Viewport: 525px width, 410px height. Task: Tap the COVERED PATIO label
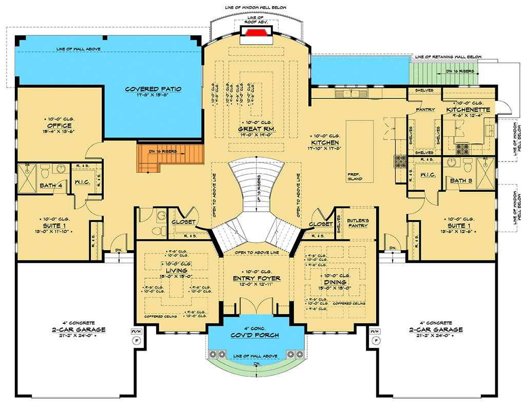click(x=153, y=89)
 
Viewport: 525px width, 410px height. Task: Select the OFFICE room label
click(x=58, y=126)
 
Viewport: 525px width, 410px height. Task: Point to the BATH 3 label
click(x=461, y=180)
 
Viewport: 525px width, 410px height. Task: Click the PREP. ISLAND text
click(x=354, y=177)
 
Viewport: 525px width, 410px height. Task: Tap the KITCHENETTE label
click(x=467, y=110)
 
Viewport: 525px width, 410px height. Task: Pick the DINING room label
click(x=334, y=282)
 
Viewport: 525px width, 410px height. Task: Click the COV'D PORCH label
click(x=255, y=335)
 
